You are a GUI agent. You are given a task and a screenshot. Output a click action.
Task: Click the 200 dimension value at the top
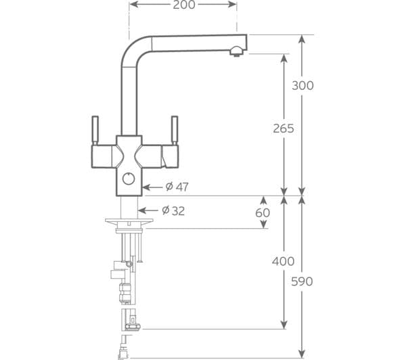(x=184, y=5)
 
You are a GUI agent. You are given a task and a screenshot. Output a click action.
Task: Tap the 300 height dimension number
(x=302, y=85)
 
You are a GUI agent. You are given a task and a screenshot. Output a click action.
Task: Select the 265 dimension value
(x=284, y=129)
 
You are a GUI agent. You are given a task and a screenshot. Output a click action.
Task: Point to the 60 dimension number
(x=263, y=212)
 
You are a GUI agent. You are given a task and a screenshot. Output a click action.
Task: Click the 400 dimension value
(x=284, y=261)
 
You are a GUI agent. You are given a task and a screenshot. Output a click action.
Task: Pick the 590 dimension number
(x=302, y=282)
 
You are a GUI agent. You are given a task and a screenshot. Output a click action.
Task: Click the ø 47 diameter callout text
(x=177, y=187)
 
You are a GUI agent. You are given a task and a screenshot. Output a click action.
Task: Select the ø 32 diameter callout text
(x=173, y=211)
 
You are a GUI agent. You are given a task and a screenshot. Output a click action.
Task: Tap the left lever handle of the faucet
(x=95, y=131)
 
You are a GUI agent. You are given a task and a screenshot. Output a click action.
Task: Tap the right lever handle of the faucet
(x=175, y=131)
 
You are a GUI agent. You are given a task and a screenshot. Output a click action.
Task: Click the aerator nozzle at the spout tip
(x=236, y=51)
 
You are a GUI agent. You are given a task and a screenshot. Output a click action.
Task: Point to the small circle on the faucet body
(x=129, y=179)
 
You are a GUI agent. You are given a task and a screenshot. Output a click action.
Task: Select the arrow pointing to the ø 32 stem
(x=148, y=210)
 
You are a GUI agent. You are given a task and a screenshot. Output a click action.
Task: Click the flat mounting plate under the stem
(x=129, y=221)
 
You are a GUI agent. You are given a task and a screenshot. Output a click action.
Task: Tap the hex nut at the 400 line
(x=133, y=327)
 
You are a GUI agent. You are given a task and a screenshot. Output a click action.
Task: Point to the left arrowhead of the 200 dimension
(x=133, y=5)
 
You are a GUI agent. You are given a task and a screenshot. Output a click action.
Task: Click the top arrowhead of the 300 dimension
(x=302, y=39)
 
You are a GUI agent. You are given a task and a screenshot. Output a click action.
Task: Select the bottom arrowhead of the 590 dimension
(x=302, y=354)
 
